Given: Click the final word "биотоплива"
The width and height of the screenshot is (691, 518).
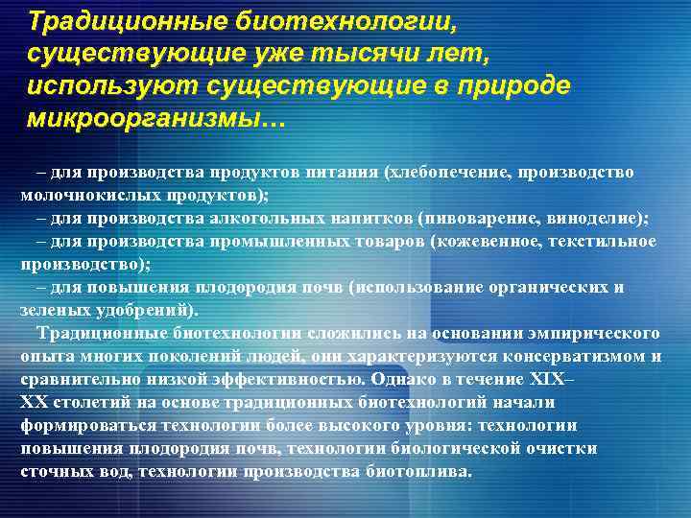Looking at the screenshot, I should [x=419, y=471].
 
